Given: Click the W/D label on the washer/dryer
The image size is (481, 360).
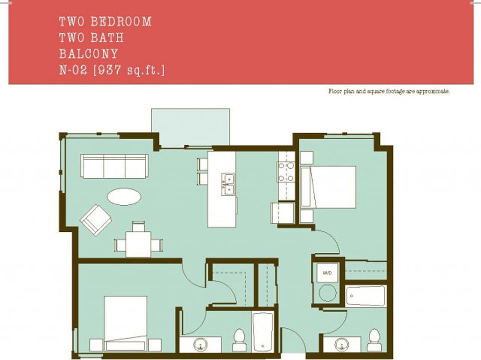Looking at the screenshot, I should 327,273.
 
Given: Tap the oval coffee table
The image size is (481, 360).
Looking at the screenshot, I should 124,196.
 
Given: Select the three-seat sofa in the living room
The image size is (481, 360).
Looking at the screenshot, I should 114,166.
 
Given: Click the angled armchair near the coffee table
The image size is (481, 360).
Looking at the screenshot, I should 96,219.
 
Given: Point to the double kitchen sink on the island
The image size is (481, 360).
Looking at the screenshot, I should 228,183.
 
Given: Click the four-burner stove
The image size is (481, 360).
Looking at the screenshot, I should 287,172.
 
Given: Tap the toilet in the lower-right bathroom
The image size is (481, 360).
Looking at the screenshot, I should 374,339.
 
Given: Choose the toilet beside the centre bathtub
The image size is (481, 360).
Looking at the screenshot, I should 239,339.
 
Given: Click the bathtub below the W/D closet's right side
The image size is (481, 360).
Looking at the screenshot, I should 365,296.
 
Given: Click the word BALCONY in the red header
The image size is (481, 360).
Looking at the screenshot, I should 88,54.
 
